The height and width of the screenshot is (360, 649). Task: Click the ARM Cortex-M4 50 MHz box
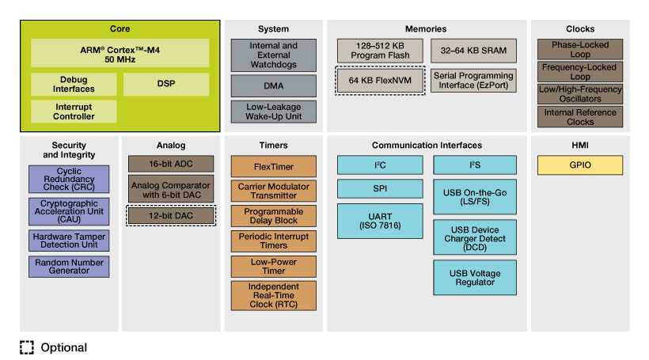tap(120, 53)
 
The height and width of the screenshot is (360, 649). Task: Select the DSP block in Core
tap(166, 84)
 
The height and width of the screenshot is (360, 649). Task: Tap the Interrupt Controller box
tap(74, 111)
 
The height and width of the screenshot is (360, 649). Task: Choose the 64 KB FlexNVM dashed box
tap(378, 81)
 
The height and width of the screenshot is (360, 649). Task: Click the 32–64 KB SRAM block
tap(474, 51)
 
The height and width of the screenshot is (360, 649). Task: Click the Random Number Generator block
tap(68, 267)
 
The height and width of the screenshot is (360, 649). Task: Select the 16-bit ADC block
tap(172, 164)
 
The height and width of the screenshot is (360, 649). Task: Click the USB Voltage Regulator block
tap(475, 278)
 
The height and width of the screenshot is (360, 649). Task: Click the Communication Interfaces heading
tap(427, 146)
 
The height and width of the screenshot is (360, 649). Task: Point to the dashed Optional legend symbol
tap(27, 347)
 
